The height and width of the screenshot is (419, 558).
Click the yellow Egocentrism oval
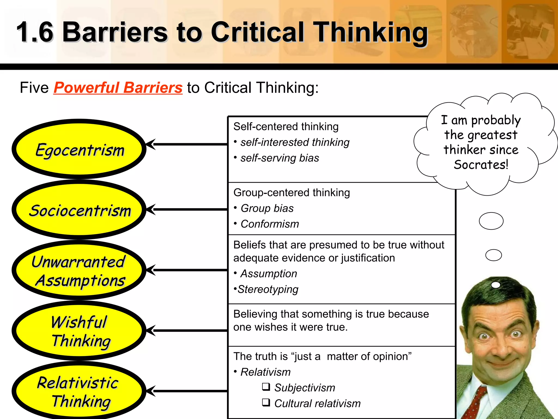(79, 149)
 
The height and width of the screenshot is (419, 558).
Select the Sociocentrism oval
(79, 210)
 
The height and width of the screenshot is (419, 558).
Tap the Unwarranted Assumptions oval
(79, 271)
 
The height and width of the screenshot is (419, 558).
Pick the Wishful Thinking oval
(79, 331)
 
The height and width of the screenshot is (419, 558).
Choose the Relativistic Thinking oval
(79, 392)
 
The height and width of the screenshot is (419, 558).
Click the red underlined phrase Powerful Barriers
(118, 88)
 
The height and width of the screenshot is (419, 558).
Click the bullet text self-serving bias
(280, 158)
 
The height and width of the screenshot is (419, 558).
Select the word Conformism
(270, 224)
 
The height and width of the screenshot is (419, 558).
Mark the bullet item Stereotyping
(268, 289)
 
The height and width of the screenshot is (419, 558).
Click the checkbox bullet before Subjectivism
(266, 387)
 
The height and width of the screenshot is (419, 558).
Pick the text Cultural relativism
(317, 403)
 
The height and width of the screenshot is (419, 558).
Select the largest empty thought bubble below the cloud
(491, 221)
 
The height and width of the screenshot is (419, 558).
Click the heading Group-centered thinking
(292, 193)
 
